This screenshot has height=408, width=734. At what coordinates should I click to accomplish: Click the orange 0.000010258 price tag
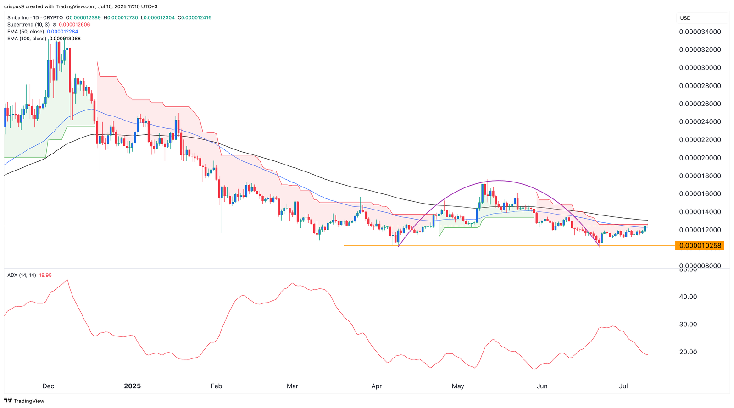[700, 246]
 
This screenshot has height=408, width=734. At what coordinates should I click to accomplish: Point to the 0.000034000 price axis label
[700, 32]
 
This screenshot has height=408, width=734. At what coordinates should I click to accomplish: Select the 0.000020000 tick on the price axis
[700, 158]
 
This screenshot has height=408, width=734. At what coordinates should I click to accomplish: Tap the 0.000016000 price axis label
[700, 194]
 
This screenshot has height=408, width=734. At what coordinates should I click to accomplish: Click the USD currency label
[685, 18]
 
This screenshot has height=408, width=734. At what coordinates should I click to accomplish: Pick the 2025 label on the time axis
[133, 386]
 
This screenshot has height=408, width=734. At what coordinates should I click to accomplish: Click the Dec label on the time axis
[48, 386]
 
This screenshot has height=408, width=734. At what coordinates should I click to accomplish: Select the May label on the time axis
[458, 386]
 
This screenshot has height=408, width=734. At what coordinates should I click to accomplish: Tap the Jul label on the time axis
[623, 386]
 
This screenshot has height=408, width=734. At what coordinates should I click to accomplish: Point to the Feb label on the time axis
[217, 386]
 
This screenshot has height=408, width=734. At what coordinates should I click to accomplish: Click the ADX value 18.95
[45, 275]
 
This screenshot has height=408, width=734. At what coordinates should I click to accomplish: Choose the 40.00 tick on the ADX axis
[688, 297]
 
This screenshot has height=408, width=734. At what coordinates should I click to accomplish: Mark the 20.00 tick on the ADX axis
[688, 352]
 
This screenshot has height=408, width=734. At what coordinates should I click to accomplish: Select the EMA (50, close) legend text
[26, 32]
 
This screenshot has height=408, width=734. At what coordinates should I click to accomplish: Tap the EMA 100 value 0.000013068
[65, 39]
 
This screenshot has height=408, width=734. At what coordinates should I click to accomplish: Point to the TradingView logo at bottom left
[25, 401]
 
